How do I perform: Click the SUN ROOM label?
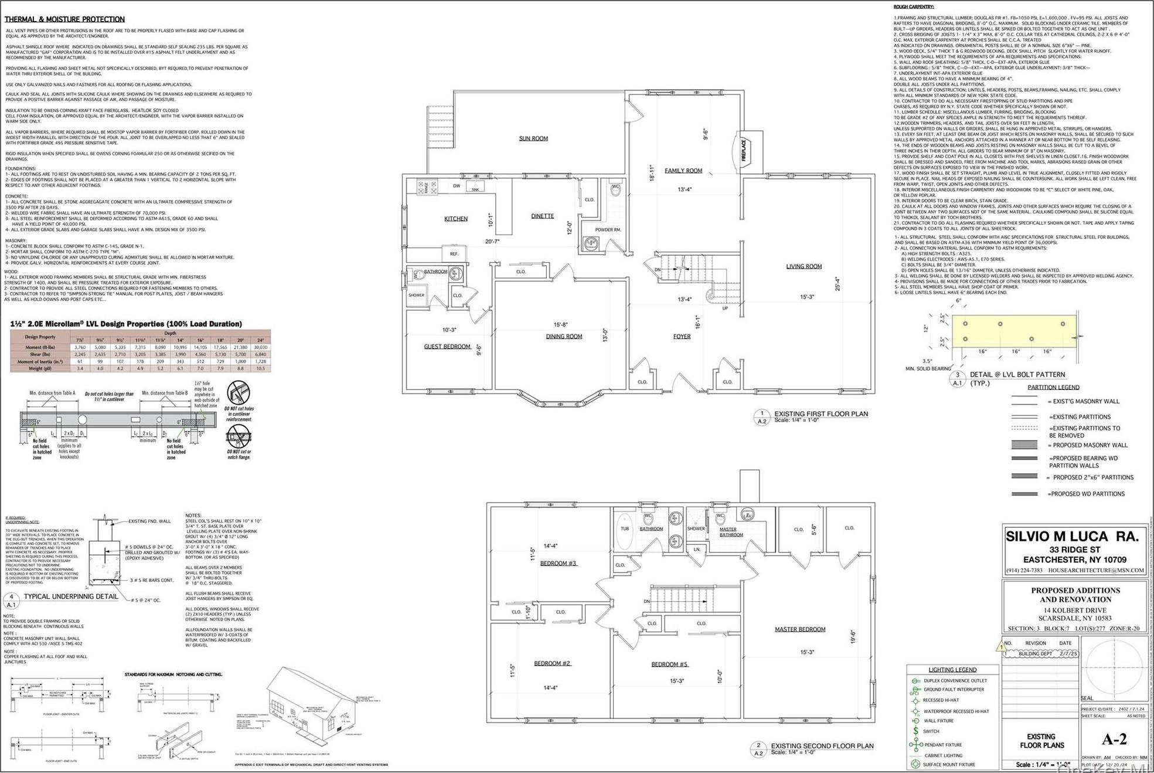(533, 139)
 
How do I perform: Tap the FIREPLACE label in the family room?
(744, 150)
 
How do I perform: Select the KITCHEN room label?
(455, 219)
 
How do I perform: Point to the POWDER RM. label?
(607, 230)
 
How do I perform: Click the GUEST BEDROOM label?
(447, 347)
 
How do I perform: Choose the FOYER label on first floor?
(681, 337)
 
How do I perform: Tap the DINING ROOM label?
(564, 337)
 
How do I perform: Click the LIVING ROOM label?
(804, 266)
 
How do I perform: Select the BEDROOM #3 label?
(558, 563)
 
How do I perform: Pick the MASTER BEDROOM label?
(799, 629)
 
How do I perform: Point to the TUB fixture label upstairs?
(625, 528)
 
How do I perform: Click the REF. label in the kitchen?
(454, 254)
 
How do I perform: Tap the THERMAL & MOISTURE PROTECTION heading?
(64, 19)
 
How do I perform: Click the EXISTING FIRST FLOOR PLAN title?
(821, 413)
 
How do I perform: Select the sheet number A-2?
(1114, 739)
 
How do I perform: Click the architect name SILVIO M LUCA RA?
(1072, 536)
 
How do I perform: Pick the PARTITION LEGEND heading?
(1053, 387)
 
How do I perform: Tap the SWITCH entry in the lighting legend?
(931, 731)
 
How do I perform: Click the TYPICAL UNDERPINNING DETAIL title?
(71, 596)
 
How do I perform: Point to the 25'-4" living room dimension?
(838, 284)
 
